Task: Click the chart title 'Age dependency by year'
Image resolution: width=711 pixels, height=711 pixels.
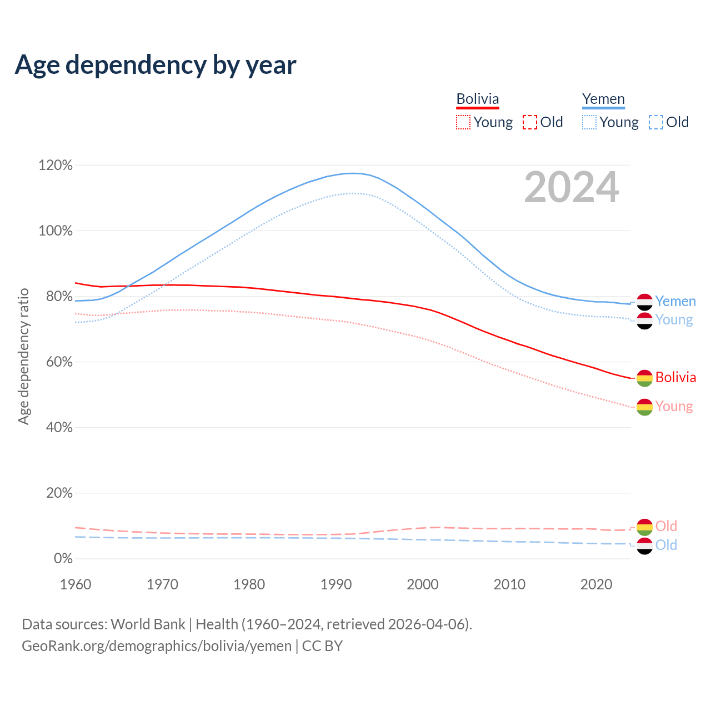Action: click(x=156, y=65)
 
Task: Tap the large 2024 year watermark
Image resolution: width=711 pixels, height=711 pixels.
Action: click(x=571, y=188)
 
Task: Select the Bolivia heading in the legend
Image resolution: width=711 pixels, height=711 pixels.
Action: click(x=478, y=99)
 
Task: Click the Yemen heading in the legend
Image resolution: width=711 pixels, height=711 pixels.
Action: click(x=603, y=99)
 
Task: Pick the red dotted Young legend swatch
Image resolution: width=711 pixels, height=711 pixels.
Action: click(x=463, y=122)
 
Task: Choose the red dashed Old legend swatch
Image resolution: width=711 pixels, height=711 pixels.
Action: click(x=530, y=122)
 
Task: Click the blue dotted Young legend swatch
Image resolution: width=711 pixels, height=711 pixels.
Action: click(x=589, y=122)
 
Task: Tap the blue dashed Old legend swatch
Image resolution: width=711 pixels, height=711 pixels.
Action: click(x=656, y=122)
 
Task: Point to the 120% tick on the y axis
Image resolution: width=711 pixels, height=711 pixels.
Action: click(x=56, y=165)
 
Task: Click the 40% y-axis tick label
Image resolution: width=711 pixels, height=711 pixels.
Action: click(x=59, y=427)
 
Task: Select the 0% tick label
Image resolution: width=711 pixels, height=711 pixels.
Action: click(x=63, y=558)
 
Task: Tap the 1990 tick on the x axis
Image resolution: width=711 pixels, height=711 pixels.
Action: click(x=336, y=584)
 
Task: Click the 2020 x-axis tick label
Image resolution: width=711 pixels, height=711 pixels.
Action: click(x=596, y=584)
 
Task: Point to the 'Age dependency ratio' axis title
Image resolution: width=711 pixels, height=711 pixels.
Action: click(x=23, y=356)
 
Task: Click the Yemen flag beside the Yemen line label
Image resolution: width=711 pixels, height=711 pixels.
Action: click(x=644, y=302)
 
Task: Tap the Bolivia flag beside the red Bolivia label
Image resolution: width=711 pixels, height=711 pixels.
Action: click(x=644, y=378)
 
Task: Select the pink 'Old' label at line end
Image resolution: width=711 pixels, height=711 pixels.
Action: click(x=666, y=526)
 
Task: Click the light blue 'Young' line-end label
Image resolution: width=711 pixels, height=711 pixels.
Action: click(x=674, y=320)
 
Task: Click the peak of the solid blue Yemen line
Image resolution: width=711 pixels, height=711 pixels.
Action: click(x=353, y=173)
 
